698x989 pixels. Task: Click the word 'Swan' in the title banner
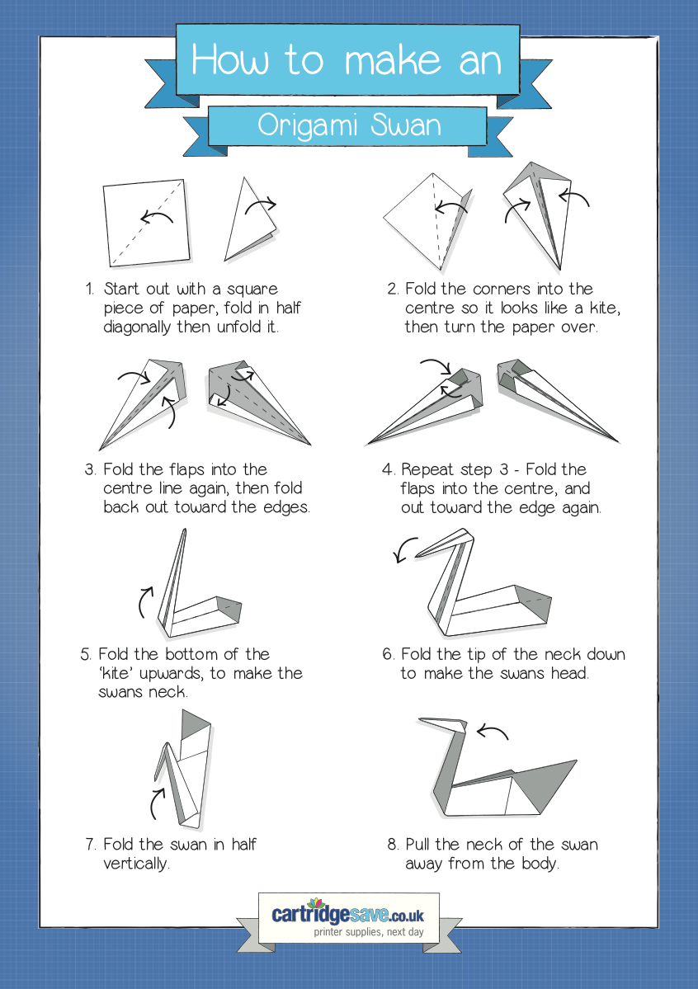coord(406,125)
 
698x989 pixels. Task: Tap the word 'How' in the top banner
coord(230,60)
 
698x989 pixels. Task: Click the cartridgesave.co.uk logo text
coord(347,914)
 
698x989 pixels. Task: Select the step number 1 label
coord(90,289)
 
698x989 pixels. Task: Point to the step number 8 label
coord(393,845)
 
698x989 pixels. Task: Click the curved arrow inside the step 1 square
coord(156,216)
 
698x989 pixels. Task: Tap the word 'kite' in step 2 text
coord(605,308)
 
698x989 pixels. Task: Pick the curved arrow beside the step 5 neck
coord(144,601)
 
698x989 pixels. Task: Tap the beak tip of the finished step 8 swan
coord(419,718)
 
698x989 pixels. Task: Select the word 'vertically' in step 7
coord(135,864)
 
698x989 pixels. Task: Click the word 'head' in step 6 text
coord(569,674)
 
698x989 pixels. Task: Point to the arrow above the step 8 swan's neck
coord(493,732)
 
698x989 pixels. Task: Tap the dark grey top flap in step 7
coord(195,725)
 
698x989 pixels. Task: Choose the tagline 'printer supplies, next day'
coord(369,931)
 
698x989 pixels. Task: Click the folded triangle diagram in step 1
coord(249,222)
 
